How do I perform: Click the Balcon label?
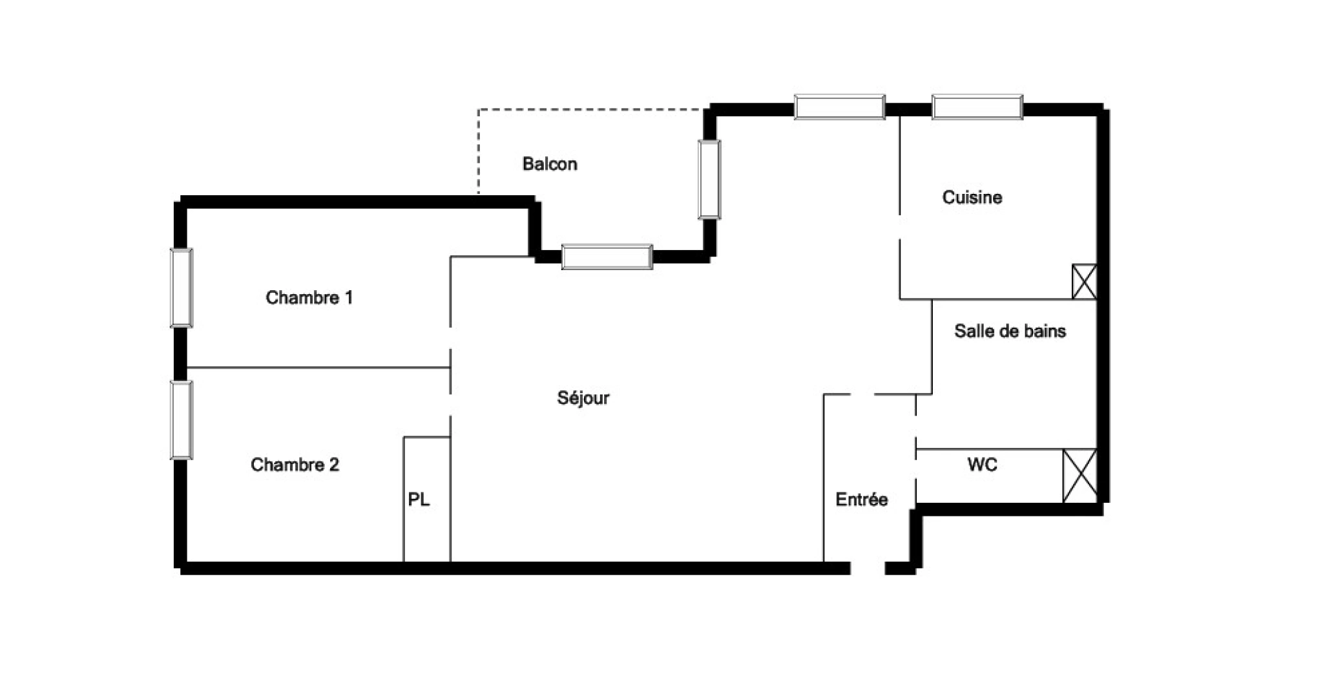click(549, 164)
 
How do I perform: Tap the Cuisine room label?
click(972, 197)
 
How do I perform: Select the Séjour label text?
click(583, 397)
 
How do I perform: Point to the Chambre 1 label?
click(309, 297)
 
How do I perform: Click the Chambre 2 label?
click(295, 465)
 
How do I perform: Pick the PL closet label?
click(419, 500)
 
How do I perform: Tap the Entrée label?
click(861, 499)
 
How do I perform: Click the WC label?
click(982, 465)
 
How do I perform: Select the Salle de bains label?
click(1010, 331)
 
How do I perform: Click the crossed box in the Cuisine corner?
click(1084, 281)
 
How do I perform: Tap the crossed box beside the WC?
click(1079, 476)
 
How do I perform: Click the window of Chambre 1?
click(182, 288)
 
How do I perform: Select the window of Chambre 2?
click(182, 420)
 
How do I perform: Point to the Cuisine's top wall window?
click(977, 107)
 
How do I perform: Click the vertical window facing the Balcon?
click(709, 179)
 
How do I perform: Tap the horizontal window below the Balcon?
click(607, 257)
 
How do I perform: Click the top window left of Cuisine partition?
click(839, 107)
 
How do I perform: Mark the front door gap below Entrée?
click(867, 569)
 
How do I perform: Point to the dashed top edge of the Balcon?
click(591, 110)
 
